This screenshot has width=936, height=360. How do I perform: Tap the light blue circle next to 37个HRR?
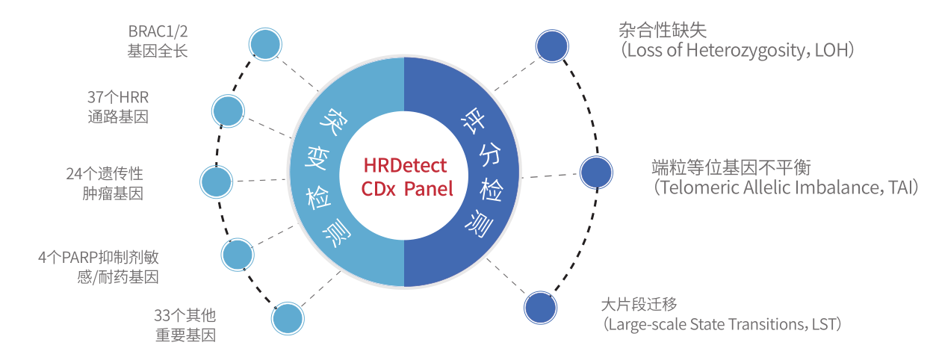(228, 111)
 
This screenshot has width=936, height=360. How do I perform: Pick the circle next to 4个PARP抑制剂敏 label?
(238, 255)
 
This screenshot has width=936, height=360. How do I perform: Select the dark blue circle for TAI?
(596, 173)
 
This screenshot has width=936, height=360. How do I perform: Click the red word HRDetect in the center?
(404, 165)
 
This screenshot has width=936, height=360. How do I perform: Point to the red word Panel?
(429, 189)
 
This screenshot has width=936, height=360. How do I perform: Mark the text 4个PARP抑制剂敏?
(99, 258)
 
